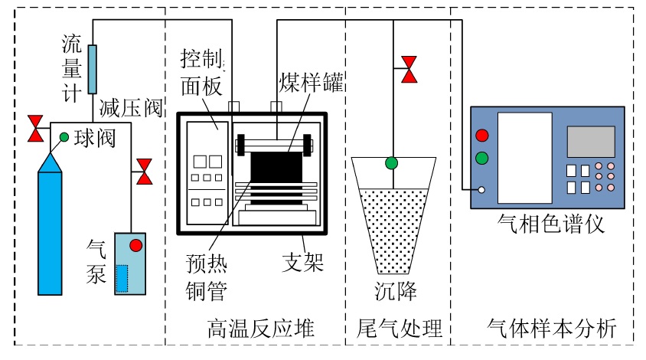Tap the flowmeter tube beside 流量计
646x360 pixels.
click(93, 69)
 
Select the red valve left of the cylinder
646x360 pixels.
click(35, 129)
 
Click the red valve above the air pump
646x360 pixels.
click(144, 172)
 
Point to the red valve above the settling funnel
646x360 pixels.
click(409, 70)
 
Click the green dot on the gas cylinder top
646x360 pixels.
click(64, 137)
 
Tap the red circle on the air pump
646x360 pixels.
click(136, 245)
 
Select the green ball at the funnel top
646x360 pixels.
click(391, 163)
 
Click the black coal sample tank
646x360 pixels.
click(276, 167)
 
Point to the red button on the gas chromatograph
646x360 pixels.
click(482, 136)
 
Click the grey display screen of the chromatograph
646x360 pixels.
click(591, 142)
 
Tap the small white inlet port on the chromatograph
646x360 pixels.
click(481, 190)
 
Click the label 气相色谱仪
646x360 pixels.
click(550, 224)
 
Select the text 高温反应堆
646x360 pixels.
click(261, 329)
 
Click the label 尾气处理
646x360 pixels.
click(400, 329)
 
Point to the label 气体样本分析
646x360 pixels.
click(552, 329)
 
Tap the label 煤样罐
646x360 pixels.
click(312, 82)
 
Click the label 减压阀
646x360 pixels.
click(131, 108)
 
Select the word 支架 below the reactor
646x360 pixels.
click(303, 262)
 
